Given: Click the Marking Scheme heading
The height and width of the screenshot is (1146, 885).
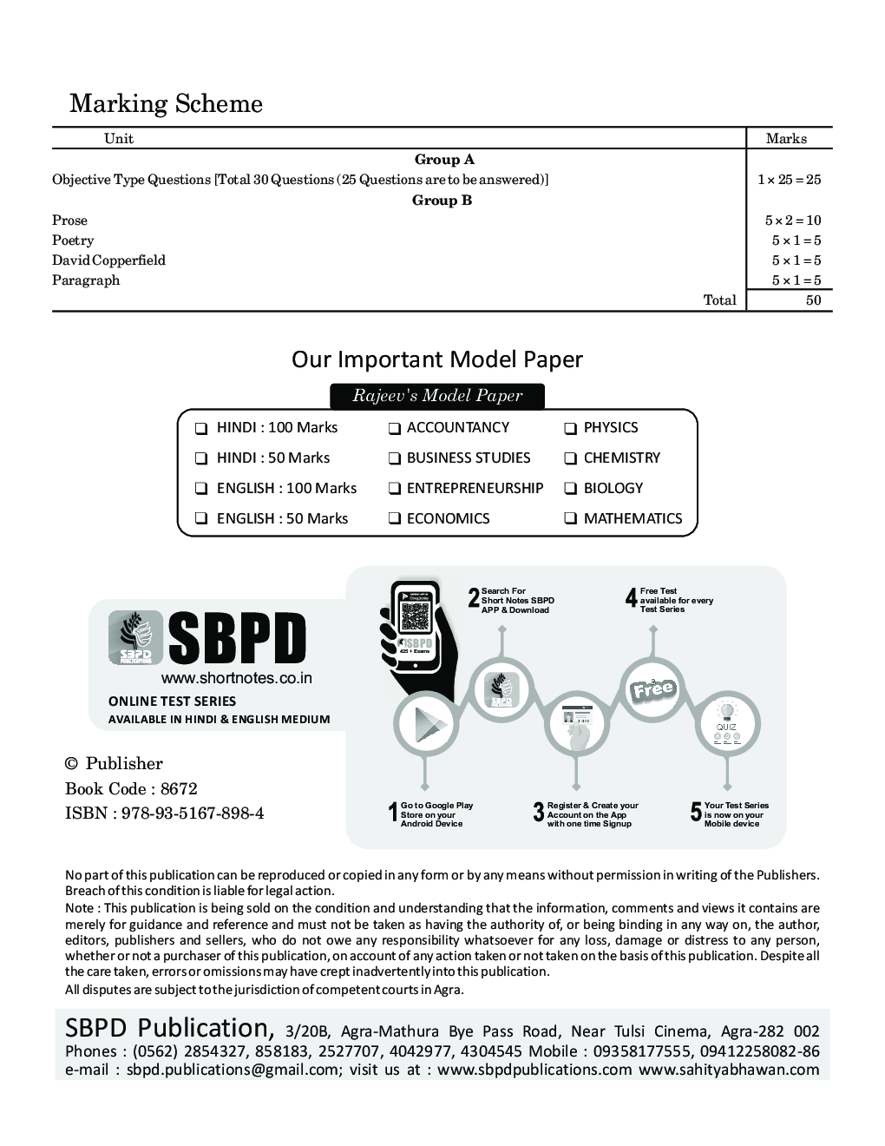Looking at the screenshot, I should click(x=166, y=104).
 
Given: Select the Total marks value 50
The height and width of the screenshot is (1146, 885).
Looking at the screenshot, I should click(x=813, y=300).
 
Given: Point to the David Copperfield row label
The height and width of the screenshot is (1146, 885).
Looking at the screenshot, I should click(x=108, y=260).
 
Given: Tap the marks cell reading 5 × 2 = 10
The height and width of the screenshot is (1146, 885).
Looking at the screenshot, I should click(x=792, y=221).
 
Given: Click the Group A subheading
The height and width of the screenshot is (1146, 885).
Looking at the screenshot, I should click(x=444, y=160).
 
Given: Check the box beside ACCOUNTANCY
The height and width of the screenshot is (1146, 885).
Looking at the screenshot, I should click(x=395, y=428).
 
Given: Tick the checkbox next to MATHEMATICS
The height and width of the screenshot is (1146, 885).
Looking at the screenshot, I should click(x=571, y=519).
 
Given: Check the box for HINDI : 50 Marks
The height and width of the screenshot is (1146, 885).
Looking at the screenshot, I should click(x=201, y=458).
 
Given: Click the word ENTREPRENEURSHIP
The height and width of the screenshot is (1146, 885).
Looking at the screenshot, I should click(x=475, y=488).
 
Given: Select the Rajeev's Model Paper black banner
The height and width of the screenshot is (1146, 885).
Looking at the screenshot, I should click(x=437, y=396).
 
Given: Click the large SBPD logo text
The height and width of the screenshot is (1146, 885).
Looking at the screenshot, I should click(x=237, y=638).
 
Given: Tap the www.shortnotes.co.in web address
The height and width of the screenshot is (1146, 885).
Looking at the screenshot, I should click(x=236, y=679).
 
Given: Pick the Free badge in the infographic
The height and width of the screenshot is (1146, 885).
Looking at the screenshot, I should click(x=652, y=691).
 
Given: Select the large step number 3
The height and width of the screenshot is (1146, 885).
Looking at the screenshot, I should click(x=539, y=813).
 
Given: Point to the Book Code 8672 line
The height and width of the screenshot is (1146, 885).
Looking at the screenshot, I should click(x=131, y=789).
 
